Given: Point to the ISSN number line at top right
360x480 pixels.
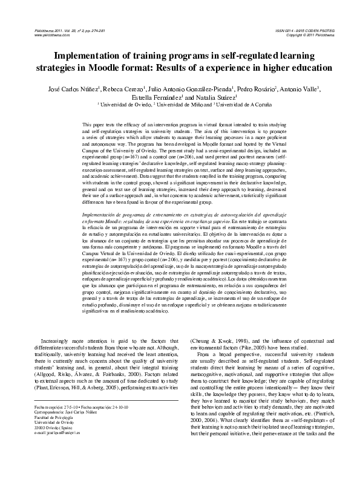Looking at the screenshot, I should pyautogui.click(x=307, y=30).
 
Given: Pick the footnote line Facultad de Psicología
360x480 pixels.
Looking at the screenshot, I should pyautogui.click(x=45, y=418).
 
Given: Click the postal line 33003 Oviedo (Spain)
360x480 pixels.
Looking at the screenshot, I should pyautogui.click(x=45, y=427).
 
